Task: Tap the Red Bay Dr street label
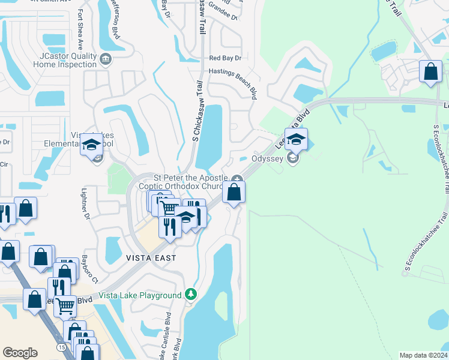point(224,58)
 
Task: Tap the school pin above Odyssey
point(295,140)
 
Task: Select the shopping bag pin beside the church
point(234,193)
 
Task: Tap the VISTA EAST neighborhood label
point(151,258)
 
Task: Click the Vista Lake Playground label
point(140,295)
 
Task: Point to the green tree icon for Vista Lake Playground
point(191,294)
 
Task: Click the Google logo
point(20,353)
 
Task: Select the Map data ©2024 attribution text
point(423,355)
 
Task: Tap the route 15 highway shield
point(62,346)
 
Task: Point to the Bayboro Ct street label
point(88,269)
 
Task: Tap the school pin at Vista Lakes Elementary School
point(91,145)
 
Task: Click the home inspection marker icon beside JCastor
point(106,59)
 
